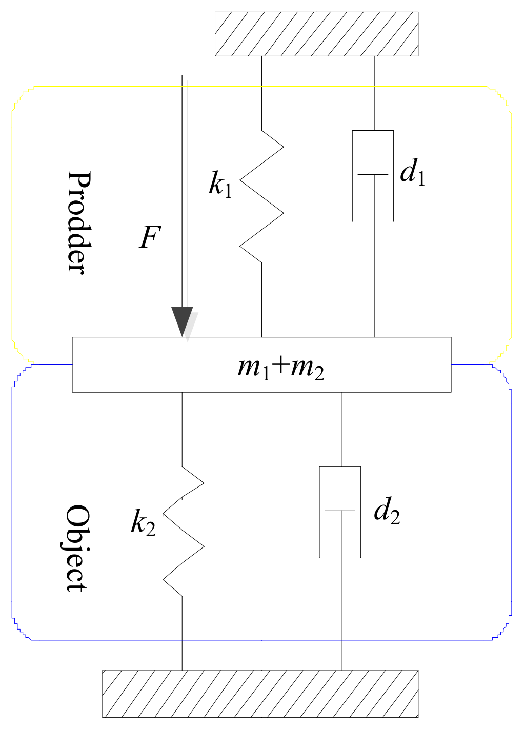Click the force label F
pos(150,237)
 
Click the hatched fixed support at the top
pos(316,34)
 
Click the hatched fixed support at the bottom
pos(260,694)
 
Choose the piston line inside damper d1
pos(373,175)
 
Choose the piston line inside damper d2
pos(340,511)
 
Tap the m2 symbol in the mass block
pos(307,368)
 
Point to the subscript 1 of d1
pos(421,178)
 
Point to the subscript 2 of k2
pos(150,529)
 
